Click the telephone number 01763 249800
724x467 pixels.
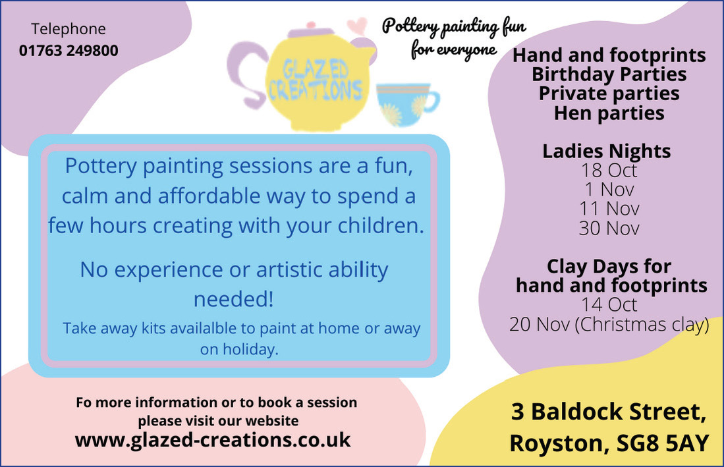click(69, 50)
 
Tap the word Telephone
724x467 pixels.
click(69, 29)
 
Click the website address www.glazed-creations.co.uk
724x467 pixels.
click(213, 440)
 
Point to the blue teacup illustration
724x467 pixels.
click(406, 105)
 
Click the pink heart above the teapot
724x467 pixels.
click(357, 26)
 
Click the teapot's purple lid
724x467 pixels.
click(310, 32)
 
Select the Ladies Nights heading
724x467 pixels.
click(606, 151)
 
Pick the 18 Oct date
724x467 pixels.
click(609, 171)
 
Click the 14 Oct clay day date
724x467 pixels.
click(609, 305)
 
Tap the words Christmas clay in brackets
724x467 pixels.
click(642, 325)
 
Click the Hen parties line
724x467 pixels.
click(609, 113)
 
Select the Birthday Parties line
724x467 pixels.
click(609, 74)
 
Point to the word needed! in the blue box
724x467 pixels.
click(234, 299)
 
